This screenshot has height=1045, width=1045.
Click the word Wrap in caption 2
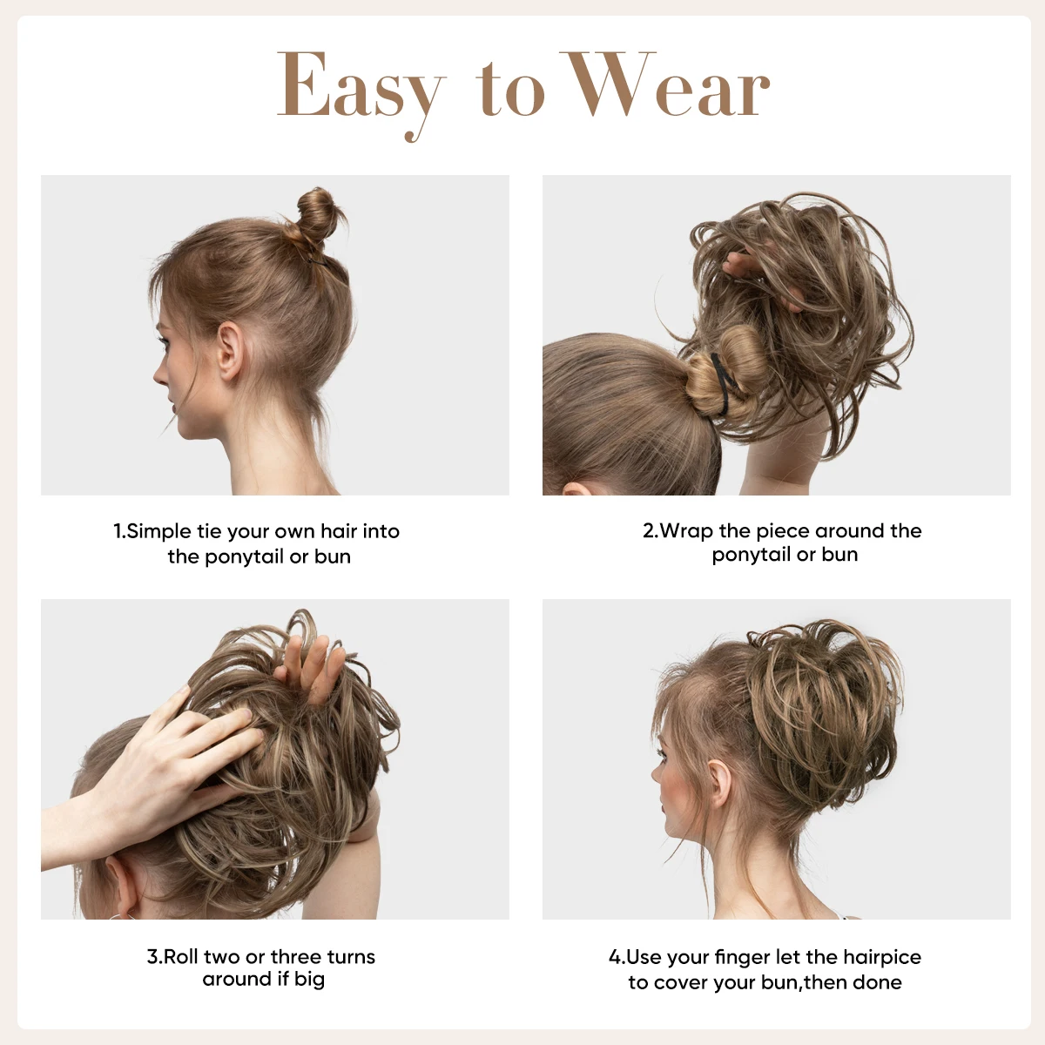(x=686, y=530)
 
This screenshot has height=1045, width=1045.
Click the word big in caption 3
(x=309, y=980)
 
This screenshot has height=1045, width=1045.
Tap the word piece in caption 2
(x=782, y=530)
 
